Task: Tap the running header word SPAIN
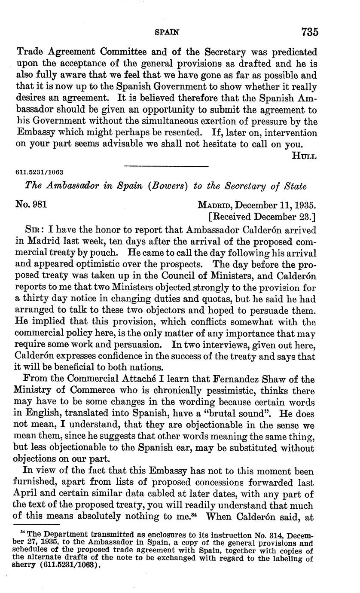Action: click(166, 32)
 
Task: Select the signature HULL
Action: click(304, 156)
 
